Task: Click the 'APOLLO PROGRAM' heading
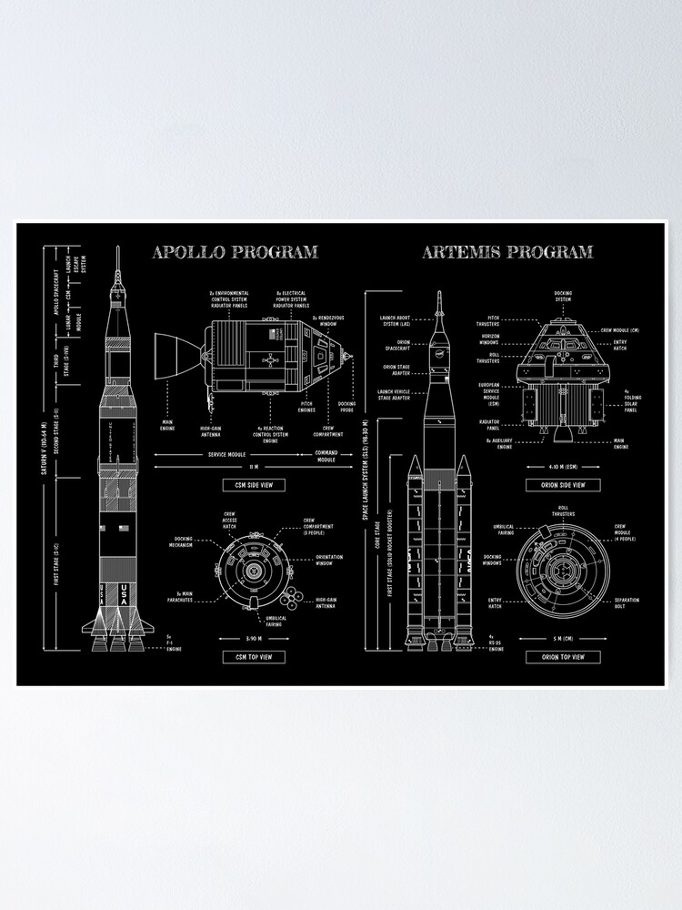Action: (x=235, y=252)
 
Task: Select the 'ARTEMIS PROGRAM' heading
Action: (x=507, y=252)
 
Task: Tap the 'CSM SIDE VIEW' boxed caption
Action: (x=254, y=485)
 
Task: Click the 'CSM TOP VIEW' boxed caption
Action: (x=254, y=656)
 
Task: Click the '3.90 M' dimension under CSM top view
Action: (x=254, y=636)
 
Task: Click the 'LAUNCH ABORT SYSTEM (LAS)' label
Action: (x=396, y=320)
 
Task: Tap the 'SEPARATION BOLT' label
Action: (x=627, y=602)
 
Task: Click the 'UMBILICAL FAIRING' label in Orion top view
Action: (x=504, y=529)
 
